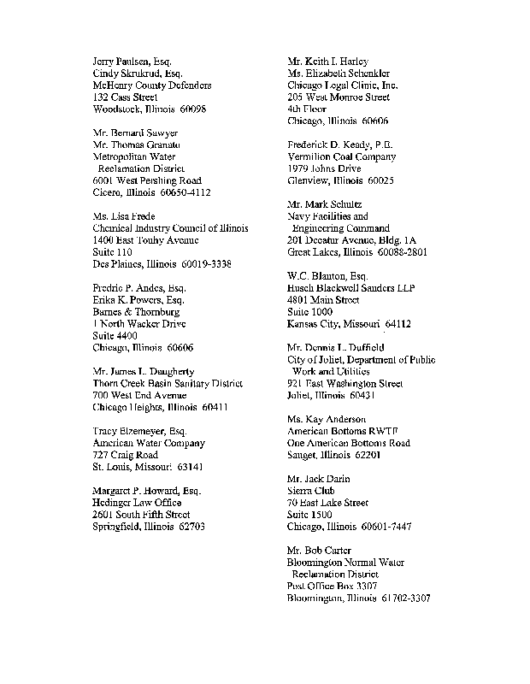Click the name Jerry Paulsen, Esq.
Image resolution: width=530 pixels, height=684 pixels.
click(132, 62)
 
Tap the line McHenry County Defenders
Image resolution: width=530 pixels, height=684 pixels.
click(151, 85)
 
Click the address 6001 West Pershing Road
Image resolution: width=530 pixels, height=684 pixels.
click(146, 180)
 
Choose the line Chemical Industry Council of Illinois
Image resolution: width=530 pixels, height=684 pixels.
click(170, 228)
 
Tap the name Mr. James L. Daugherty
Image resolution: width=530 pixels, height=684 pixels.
click(143, 372)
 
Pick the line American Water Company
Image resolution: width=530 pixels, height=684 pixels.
click(148, 443)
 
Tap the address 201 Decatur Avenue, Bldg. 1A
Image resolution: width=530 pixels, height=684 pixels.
click(352, 240)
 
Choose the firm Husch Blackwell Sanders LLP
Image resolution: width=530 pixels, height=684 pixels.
click(350, 288)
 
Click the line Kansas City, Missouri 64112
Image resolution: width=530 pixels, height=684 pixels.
click(349, 324)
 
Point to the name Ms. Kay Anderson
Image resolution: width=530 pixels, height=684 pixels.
click(327, 419)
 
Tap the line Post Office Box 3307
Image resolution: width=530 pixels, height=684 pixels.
click(332, 587)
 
